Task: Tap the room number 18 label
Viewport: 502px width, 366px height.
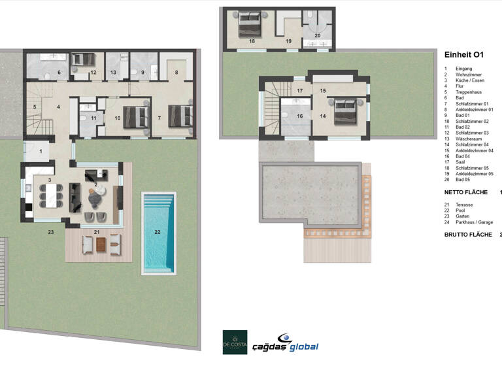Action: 252,41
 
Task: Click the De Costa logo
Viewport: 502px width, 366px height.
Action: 235,342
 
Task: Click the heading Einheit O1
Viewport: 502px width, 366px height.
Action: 463,56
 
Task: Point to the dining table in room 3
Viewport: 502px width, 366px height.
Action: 51,194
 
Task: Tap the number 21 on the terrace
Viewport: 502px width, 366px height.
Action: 96,232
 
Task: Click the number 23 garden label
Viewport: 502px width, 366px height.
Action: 50,231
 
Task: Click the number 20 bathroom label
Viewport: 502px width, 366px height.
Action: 318,35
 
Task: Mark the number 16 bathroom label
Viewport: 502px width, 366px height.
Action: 300,116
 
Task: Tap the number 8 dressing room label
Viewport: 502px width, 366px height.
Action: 175,73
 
